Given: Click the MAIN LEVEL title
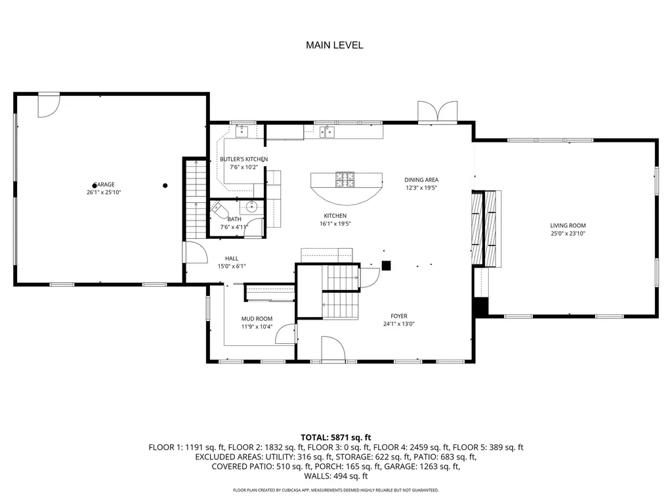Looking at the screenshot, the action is (334, 45).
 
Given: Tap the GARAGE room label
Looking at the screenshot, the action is (104, 184).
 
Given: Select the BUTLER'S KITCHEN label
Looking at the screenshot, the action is (244, 159).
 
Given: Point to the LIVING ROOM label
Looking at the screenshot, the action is (568, 226).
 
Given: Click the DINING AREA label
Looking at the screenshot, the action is (421, 180).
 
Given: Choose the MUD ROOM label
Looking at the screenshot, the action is (257, 319).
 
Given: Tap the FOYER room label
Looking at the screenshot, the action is (399, 316).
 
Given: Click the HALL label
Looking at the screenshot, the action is (232, 259).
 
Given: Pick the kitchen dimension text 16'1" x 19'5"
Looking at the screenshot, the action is (335, 224).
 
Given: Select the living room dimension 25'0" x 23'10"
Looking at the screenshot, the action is (568, 234).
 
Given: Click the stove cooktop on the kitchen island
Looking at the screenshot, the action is (345, 180).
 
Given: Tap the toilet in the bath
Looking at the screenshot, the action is (219, 211).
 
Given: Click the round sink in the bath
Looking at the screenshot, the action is (251, 207).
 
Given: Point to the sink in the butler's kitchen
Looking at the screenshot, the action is (241, 131).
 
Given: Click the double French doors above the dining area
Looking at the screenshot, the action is (438, 112).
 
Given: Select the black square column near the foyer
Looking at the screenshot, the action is (386, 266).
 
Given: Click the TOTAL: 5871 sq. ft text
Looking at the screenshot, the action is (335, 438).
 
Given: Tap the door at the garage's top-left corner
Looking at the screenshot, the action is (49, 106).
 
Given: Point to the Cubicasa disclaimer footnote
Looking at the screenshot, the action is (335, 490).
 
